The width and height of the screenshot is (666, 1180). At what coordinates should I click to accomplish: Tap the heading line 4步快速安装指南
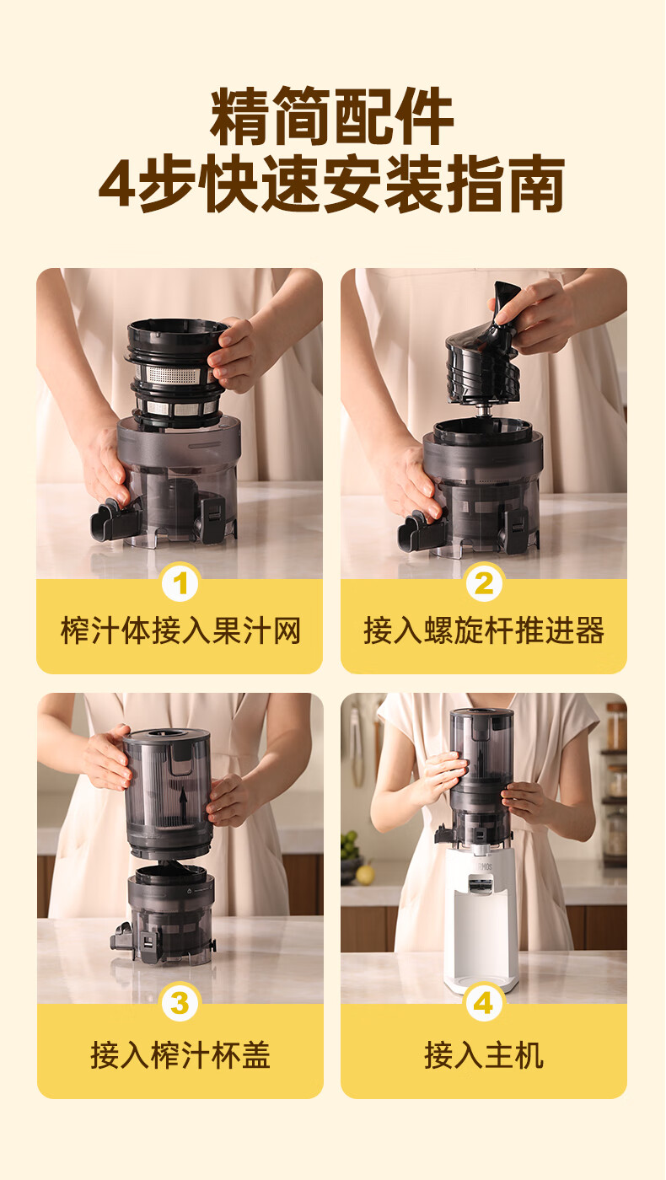pos(332,184)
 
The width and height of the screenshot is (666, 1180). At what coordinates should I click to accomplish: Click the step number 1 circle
pos(180,582)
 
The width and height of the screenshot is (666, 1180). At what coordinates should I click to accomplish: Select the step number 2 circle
pos(484,582)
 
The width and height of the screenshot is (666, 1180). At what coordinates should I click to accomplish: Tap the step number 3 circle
pos(180,1003)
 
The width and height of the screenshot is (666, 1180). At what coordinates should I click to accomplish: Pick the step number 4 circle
pos(484,1003)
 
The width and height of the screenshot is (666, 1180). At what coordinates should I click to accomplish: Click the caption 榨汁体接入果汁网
pos(180,630)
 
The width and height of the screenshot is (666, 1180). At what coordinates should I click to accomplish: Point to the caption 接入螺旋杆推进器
pos(484,630)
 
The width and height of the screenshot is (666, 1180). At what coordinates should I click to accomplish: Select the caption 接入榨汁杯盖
pos(180,1054)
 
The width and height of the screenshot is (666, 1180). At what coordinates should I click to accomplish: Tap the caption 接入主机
pos(484,1054)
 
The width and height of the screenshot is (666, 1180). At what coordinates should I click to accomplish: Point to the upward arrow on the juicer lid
pos(183,802)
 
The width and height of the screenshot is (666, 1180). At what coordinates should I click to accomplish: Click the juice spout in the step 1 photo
pos(109,519)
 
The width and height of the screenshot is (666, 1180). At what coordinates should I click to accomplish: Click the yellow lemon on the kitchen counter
pos(364,875)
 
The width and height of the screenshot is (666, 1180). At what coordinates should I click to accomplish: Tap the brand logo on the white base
pos(484,866)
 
